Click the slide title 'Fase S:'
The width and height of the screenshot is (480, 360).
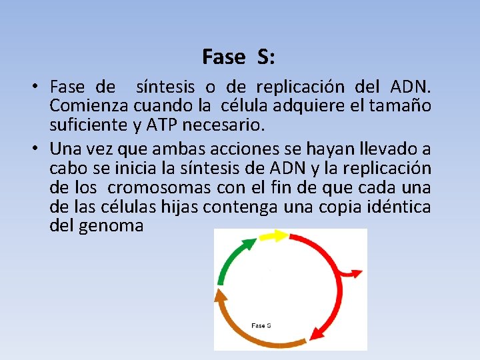(238, 57)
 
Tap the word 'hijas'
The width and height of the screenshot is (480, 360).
(180, 207)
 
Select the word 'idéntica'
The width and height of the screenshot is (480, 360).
(399, 207)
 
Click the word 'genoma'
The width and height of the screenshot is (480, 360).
(111, 225)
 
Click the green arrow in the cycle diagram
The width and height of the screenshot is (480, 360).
(231, 263)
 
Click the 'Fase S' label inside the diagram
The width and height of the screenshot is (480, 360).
(261, 325)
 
